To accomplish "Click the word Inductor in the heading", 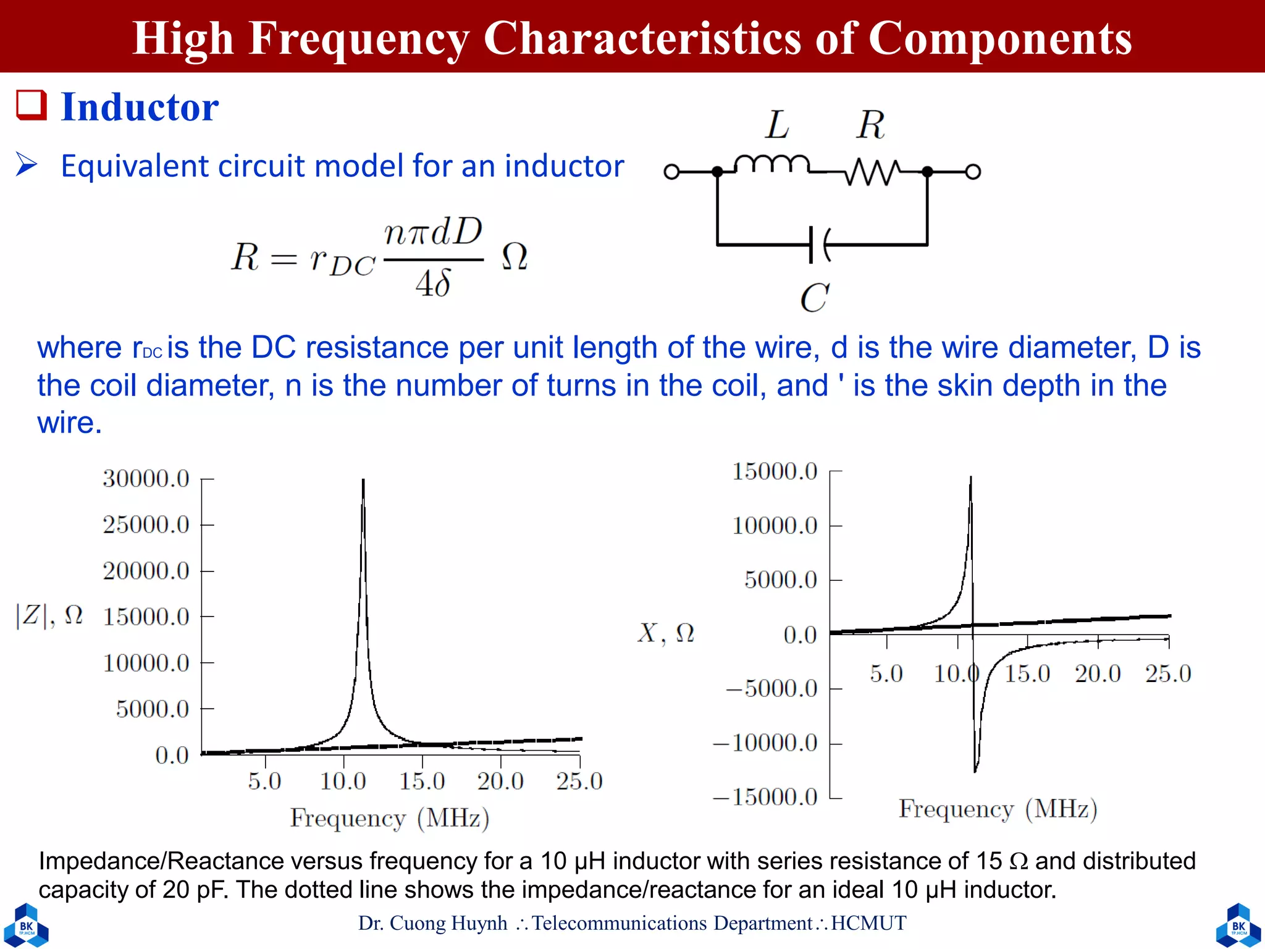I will pyautogui.click(x=140, y=108).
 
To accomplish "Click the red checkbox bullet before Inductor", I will pyautogui.click(x=31, y=105).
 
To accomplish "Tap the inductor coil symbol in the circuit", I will pyautogui.click(x=771, y=164).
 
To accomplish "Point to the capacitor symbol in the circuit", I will pyautogui.click(x=819, y=245).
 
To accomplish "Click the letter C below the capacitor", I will pyautogui.click(x=814, y=298).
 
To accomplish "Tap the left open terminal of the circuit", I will pyautogui.click(x=671, y=172).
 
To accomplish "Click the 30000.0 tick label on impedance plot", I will pyautogui.click(x=146, y=479).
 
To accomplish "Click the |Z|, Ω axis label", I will pyautogui.click(x=49, y=615).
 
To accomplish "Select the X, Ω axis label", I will pyautogui.click(x=666, y=633).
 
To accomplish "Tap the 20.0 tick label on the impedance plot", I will pyautogui.click(x=500, y=782).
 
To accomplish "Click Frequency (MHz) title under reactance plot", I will pyautogui.click(x=998, y=809).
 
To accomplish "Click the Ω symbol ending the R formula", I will pyautogui.click(x=514, y=256).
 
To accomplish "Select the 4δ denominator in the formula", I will pyautogui.click(x=433, y=284).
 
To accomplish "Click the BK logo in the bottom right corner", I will pyautogui.click(x=1238, y=926).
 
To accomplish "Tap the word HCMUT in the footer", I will pyautogui.click(x=868, y=923).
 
